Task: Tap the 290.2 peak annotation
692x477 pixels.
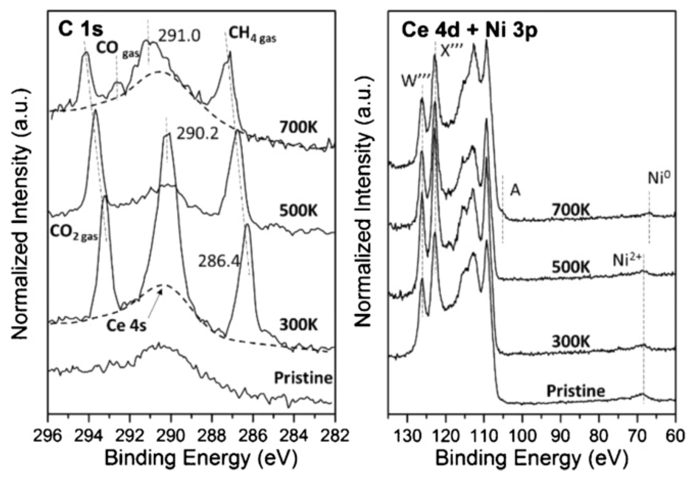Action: coord(197,135)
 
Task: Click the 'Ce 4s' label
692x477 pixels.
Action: coord(126,325)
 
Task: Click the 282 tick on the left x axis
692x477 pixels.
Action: coord(334,435)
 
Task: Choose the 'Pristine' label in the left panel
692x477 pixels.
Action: coord(303,378)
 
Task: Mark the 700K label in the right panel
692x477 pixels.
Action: coord(571,210)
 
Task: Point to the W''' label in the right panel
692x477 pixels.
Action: coord(415,81)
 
